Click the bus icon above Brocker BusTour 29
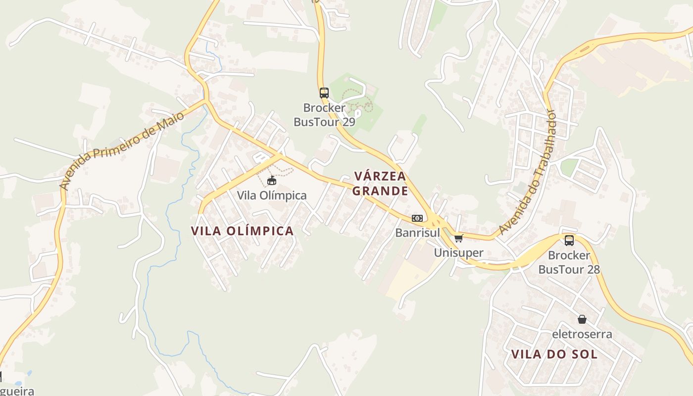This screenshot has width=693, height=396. click(324, 93)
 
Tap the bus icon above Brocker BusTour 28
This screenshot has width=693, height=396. click(569, 241)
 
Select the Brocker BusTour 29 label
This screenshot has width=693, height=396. click(324, 115)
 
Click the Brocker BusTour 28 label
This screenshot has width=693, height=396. click(569, 262)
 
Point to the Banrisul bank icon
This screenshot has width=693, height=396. click(417, 218)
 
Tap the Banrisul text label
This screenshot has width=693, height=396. click(417, 232)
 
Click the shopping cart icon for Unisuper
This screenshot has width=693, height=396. click(458, 239)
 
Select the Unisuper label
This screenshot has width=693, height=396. click(458, 252)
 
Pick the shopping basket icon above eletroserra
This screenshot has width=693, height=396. click(582, 320)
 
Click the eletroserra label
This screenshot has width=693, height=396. click(582, 334)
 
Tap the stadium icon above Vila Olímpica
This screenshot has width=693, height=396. click(271, 181)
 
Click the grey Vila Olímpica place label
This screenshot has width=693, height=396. click(272, 196)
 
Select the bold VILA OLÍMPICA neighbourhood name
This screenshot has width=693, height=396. click(243, 231)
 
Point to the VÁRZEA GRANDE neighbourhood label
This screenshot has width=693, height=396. click(381, 183)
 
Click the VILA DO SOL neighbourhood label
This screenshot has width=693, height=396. click(554, 354)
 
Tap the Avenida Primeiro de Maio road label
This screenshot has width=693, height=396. click(121, 150)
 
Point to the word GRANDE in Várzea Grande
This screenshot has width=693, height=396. click(381, 191)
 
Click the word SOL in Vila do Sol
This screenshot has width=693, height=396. click(584, 354)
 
